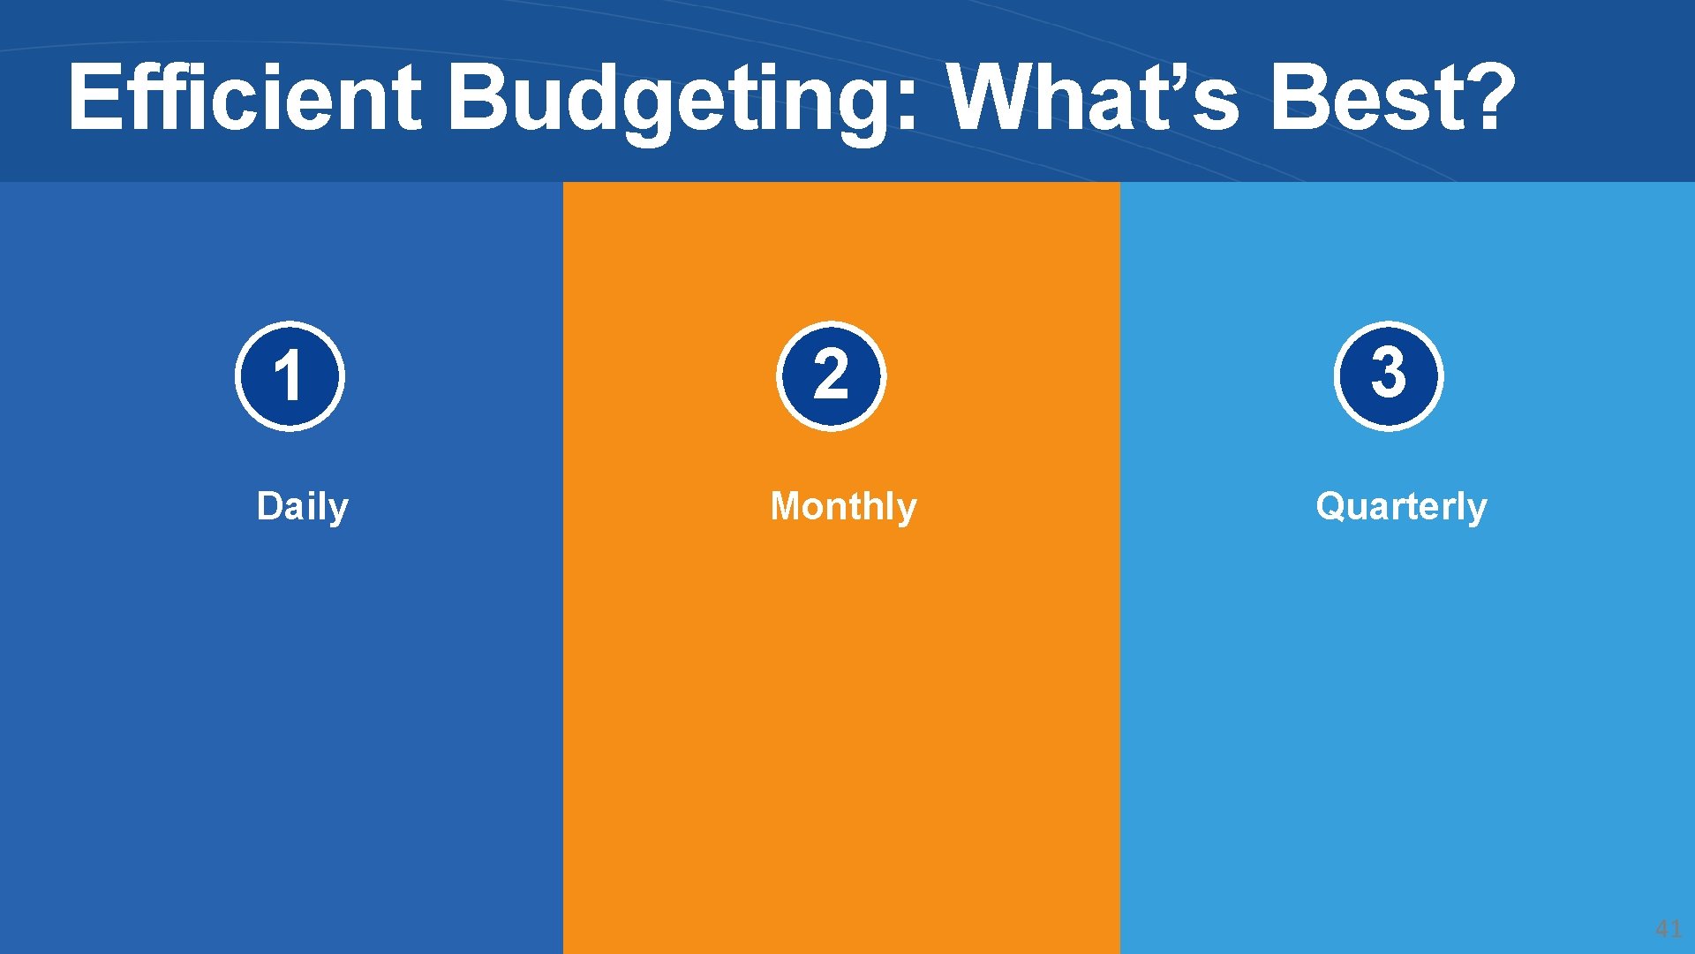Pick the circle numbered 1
click(290, 376)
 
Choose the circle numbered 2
click(831, 376)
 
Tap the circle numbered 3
click(1388, 376)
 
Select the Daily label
click(302, 507)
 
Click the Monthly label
click(843, 507)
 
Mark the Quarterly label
click(1401, 507)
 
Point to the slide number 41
click(1668, 928)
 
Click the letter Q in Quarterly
click(1331, 506)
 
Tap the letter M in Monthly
click(787, 506)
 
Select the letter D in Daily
click(269, 506)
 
